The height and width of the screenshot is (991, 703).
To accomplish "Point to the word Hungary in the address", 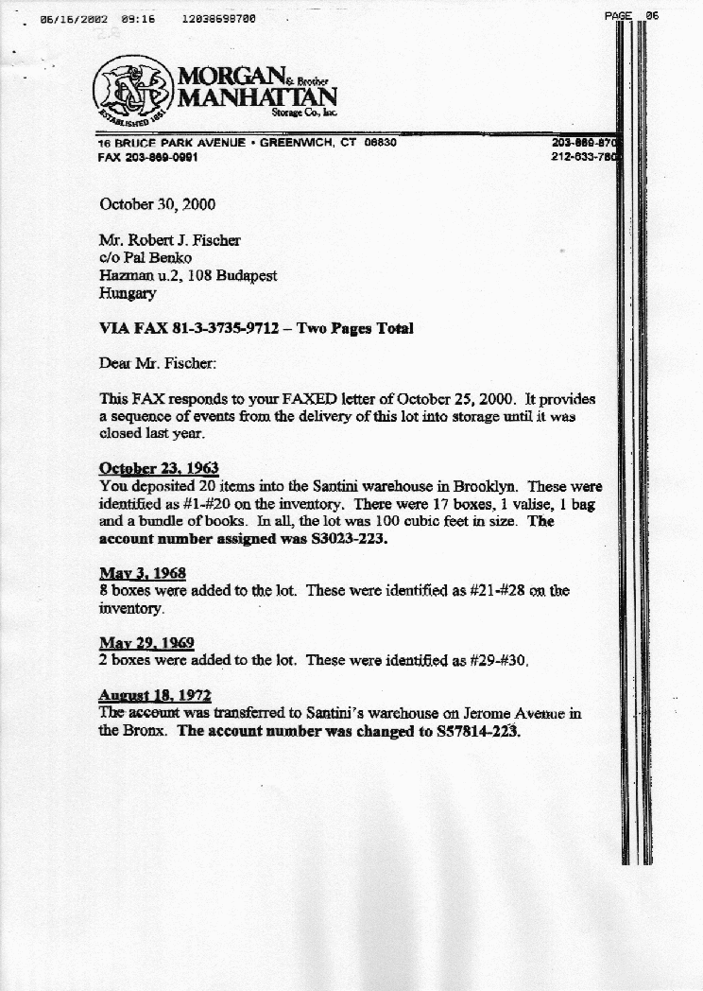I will [x=128, y=293].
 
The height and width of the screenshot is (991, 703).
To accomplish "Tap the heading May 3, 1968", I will [x=143, y=573].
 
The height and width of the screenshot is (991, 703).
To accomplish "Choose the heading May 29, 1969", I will [x=146, y=643].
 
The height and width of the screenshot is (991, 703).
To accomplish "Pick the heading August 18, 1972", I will [x=155, y=695].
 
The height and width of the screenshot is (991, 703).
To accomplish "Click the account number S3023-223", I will [x=340, y=540].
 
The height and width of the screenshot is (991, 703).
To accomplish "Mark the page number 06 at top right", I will [x=652, y=15].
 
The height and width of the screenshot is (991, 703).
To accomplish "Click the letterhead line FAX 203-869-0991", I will [x=147, y=157].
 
